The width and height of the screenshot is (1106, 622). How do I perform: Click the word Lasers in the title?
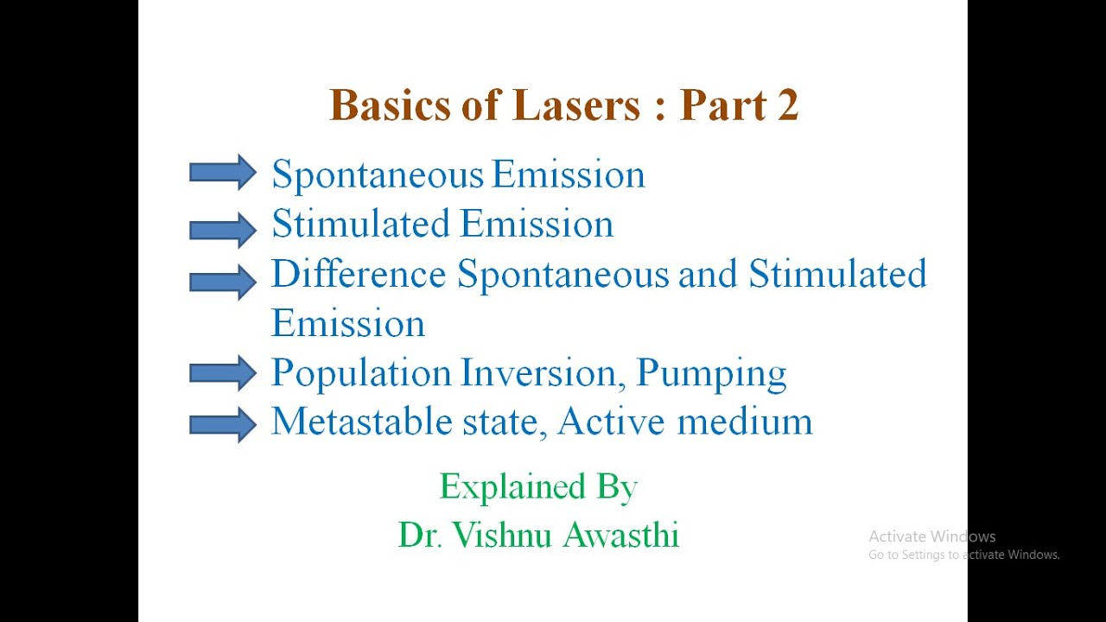[x=575, y=105]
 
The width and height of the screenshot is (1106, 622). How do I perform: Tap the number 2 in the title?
[x=787, y=105]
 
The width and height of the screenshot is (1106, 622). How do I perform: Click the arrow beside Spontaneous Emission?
[x=222, y=173]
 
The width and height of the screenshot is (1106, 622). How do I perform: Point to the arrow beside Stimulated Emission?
[x=222, y=229]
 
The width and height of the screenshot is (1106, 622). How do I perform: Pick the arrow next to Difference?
[x=222, y=280]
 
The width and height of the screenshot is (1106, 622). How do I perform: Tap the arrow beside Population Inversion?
[x=222, y=372]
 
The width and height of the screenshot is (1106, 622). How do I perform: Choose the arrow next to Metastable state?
[x=222, y=423]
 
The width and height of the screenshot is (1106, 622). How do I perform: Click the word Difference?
[x=359, y=274]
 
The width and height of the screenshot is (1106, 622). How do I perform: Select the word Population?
[x=361, y=373]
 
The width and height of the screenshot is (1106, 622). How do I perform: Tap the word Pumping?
[x=711, y=373]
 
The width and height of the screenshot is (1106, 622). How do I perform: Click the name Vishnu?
[x=503, y=535]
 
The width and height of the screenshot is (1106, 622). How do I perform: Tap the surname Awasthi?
[x=621, y=535]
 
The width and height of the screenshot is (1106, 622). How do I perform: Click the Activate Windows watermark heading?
[x=932, y=536]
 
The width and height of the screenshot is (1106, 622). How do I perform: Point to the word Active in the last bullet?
[x=611, y=422]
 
